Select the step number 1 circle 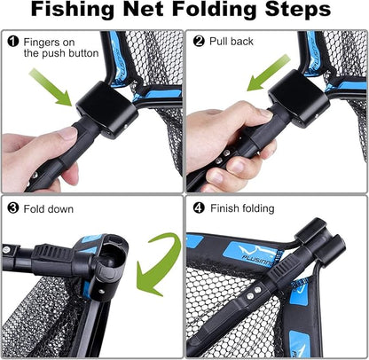tap(13, 41)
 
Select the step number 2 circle tap(200, 41)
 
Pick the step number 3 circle tap(13, 209)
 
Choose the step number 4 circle tap(198, 209)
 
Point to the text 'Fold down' tap(50, 209)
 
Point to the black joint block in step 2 tap(297, 99)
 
